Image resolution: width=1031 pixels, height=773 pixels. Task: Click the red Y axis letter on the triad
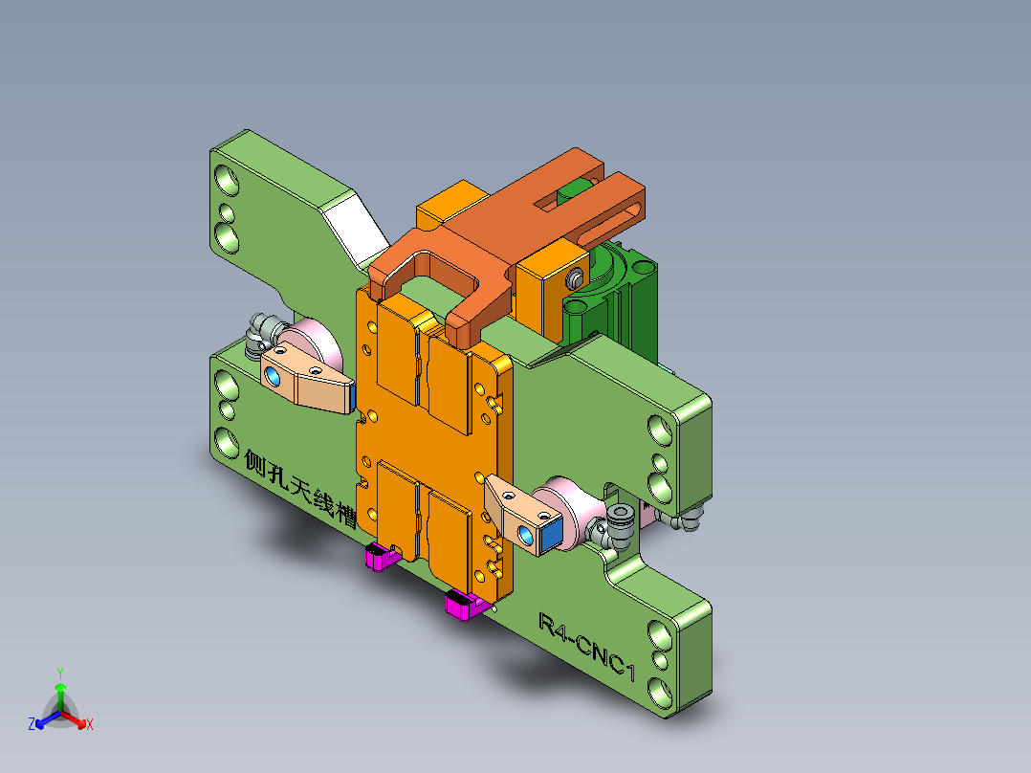point(59,672)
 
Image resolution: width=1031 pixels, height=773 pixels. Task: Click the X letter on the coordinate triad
point(90,724)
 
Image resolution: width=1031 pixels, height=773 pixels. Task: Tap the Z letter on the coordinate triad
point(32,724)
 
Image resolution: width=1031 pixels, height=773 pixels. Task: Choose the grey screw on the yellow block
point(574,278)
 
